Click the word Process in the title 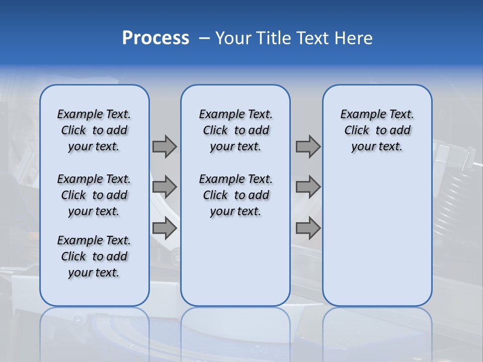(x=155, y=38)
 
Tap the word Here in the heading (x=354, y=38)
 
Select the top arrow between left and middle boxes (x=165, y=146)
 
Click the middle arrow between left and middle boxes (x=165, y=187)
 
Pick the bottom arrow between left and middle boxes (x=165, y=228)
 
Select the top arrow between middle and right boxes (x=308, y=146)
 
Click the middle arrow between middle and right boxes (x=308, y=187)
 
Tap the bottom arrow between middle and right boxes (x=308, y=228)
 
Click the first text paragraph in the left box (x=94, y=130)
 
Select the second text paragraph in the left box (x=94, y=195)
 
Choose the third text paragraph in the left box (x=94, y=256)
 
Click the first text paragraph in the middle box (x=235, y=130)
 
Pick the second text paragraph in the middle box (x=235, y=195)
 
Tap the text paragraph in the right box (x=377, y=130)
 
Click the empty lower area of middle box (x=235, y=261)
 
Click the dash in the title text (x=204, y=38)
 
